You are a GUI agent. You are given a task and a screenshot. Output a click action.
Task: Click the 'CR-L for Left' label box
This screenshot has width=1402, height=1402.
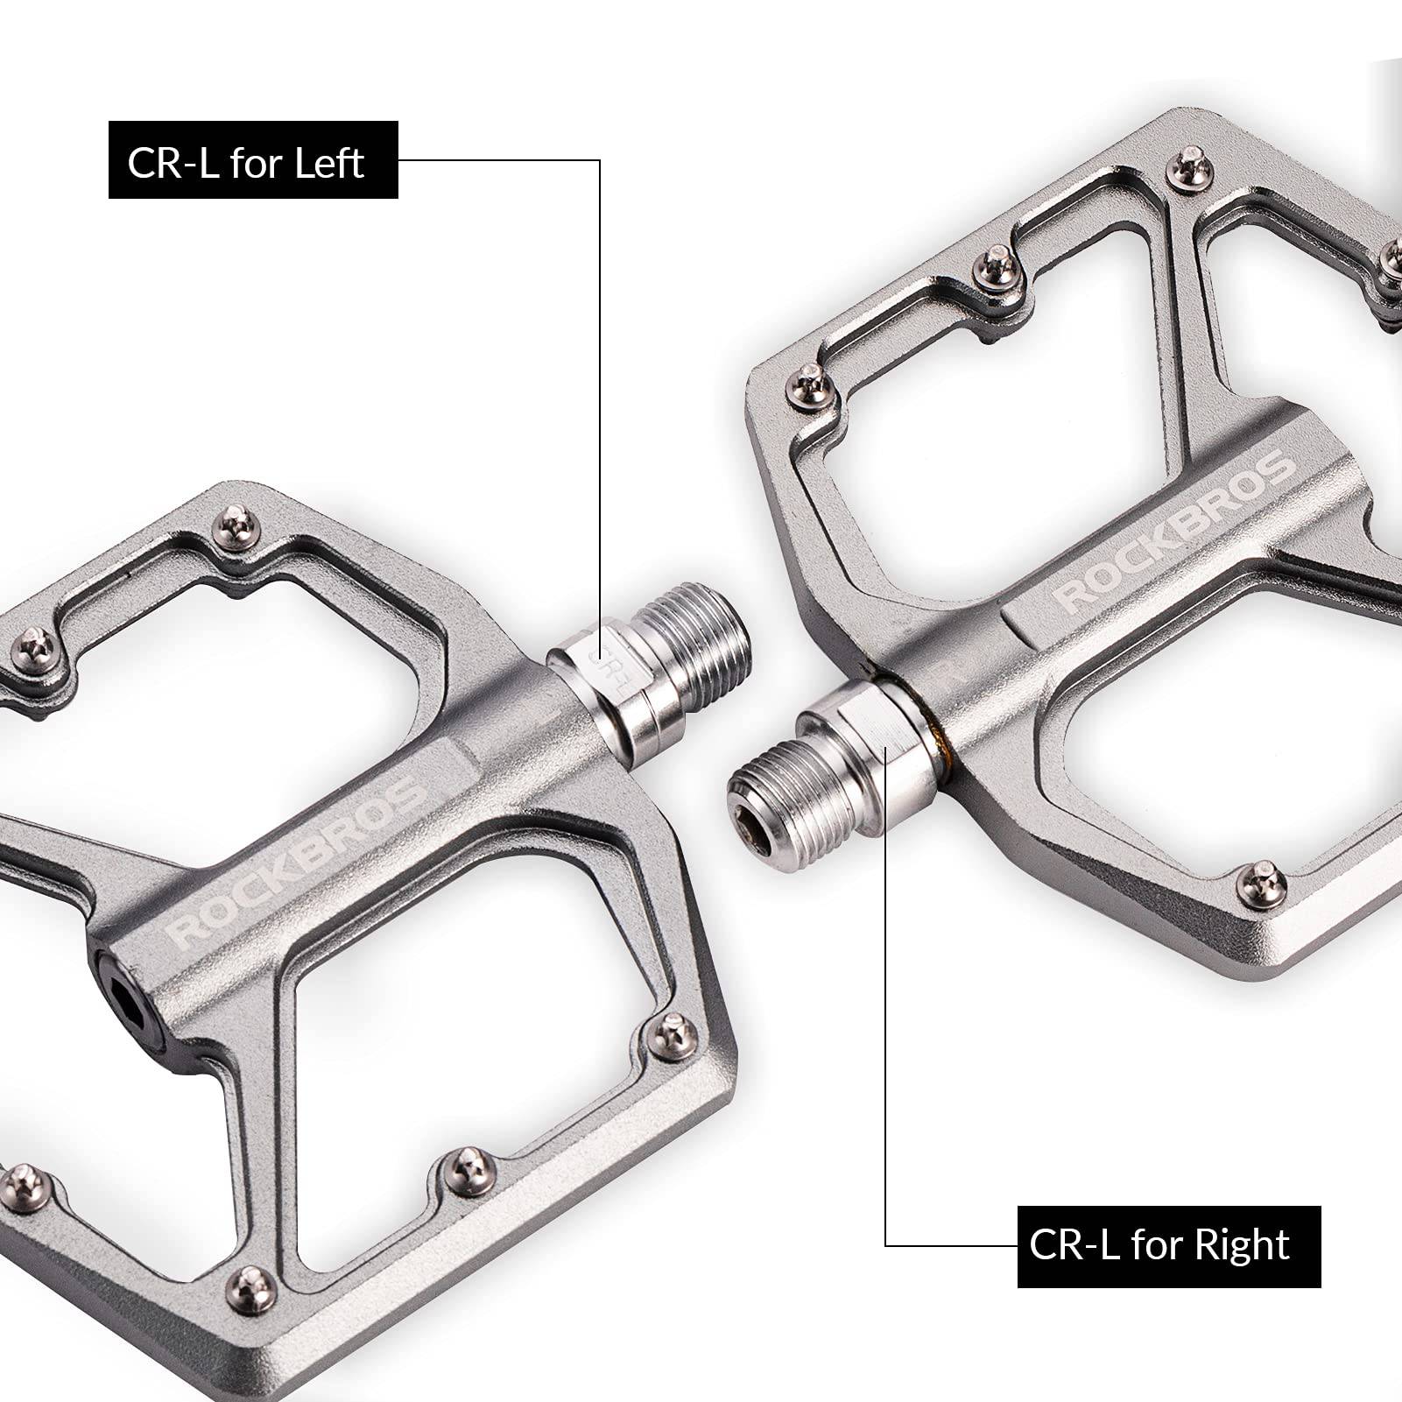[253, 159]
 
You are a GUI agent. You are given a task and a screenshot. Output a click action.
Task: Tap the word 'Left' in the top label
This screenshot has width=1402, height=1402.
[328, 163]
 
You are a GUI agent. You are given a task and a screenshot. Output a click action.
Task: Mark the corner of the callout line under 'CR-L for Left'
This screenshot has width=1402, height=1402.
[600, 159]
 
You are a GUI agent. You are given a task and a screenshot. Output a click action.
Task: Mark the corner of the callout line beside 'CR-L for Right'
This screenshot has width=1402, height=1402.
[886, 1245]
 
